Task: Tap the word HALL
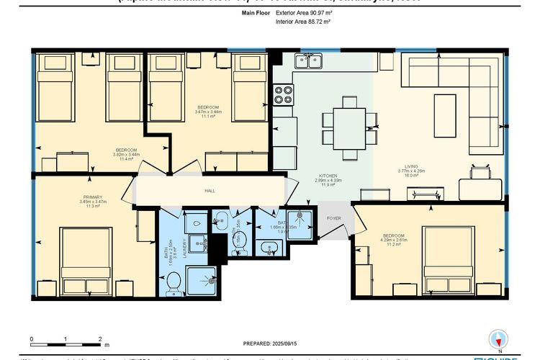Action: click(210, 191)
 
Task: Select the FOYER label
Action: click(333, 217)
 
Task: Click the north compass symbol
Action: click(495, 338)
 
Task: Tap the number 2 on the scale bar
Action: click(99, 337)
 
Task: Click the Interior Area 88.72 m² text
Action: click(303, 22)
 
